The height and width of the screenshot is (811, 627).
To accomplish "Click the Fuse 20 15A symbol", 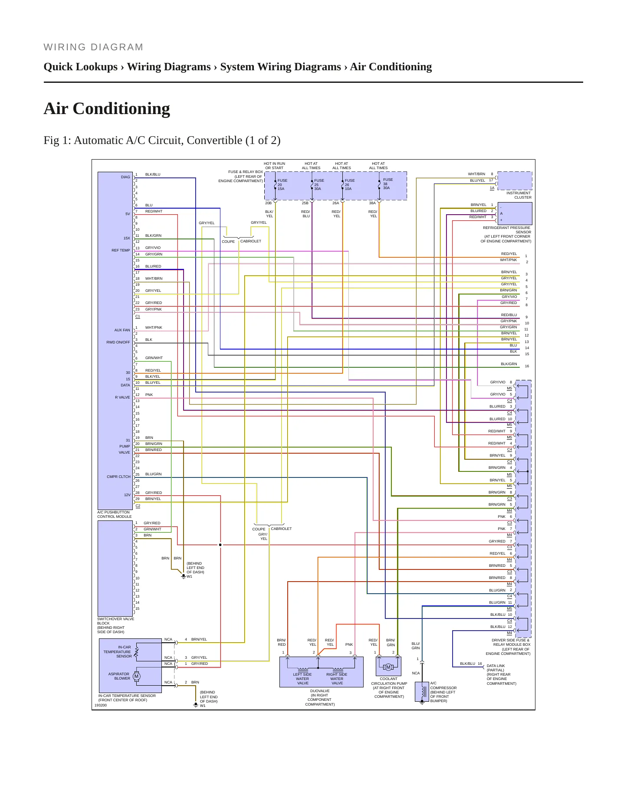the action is click(x=275, y=185).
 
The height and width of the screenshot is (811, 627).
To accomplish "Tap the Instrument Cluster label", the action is click(x=519, y=195).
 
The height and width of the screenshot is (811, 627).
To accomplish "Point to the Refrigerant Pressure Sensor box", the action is click(x=515, y=213).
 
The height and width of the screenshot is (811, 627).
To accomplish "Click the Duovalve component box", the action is click(x=322, y=672).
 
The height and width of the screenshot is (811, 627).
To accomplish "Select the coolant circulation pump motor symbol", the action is click(x=388, y=667).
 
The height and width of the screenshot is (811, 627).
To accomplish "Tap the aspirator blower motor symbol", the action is click(x=137, y=676).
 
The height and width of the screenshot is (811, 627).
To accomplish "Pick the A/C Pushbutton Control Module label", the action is click(x=114, y=514).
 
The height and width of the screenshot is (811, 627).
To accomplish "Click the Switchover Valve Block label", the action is click(x=115, y=625).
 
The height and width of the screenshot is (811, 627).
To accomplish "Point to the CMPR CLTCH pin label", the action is click(x=118, y=477).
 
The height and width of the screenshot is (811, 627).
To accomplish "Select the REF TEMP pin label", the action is click(x=121, y=250).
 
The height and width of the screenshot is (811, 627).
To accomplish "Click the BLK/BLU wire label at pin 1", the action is click(x=153, y=174).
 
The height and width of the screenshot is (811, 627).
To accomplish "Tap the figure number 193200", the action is click(x=101, y=705).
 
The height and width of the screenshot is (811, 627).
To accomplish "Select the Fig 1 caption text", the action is click(x=162, y=141).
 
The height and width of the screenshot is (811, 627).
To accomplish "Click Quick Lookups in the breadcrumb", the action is click(x=81, y=67).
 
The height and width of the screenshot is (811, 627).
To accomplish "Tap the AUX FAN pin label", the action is click(x=122, y=330).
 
